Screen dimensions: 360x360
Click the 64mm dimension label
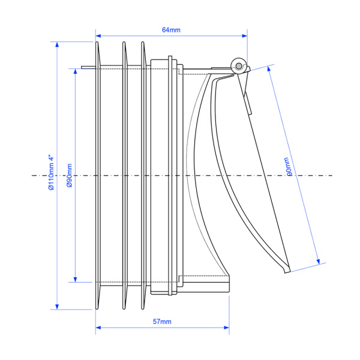click(x=171, y=30)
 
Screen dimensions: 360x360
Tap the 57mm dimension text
click(x=162, y=322)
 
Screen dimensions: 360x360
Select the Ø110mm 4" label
click(x=51, y=172)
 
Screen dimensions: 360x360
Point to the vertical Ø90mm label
click(x=70, y=175)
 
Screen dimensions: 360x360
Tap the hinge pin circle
click(x=239, y=66)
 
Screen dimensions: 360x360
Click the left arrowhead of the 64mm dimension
click(x=98, y=36)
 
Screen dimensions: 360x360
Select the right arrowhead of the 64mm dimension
click(x=245, y=36)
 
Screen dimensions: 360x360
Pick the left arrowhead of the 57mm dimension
click(x=98, y=328)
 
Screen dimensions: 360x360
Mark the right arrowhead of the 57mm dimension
click(x=226, y=328)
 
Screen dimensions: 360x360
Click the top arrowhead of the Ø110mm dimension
click(x=57, y=44)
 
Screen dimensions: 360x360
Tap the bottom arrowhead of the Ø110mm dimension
click(x=57, y=307)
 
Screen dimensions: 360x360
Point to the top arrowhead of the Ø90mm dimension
click(x=75, y=71)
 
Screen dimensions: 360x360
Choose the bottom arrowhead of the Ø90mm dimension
click(x=75, y=280)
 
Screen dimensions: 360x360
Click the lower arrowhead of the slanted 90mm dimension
click(x=318, y=261)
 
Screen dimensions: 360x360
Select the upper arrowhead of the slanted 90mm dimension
click(x=269, y=69)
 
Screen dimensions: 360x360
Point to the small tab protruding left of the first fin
click(x=88, y=67)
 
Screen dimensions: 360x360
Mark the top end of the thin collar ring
click(x=170, y=56)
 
